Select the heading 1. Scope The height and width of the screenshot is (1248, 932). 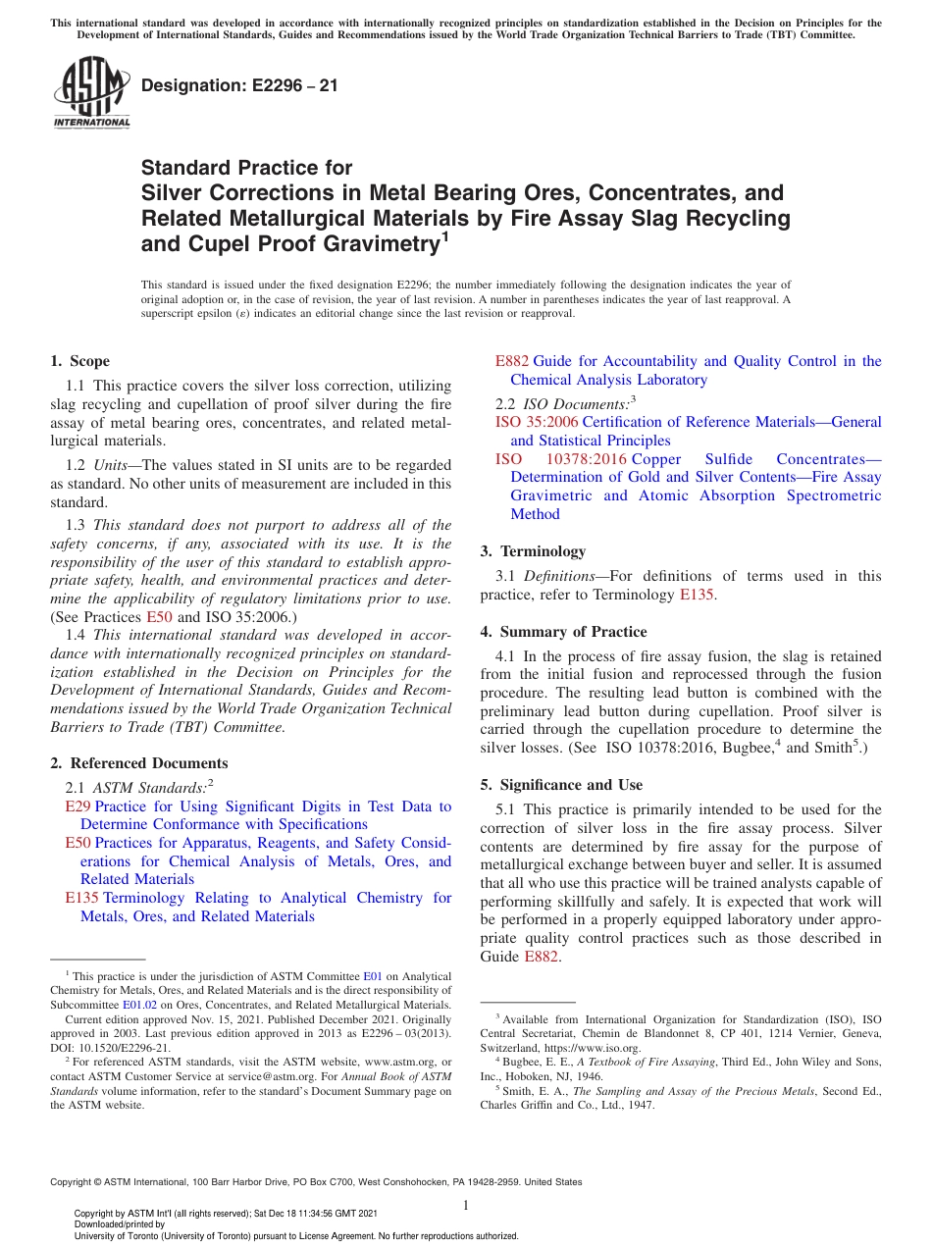click(x=79, y=361)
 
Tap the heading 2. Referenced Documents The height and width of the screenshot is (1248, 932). click(x=139, y=762)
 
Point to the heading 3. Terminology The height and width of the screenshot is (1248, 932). click(x=533, y=550)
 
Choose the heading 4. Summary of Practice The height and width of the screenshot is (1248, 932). click(x=563, y=631)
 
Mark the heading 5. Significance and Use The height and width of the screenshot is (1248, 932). click(x=561, y=784)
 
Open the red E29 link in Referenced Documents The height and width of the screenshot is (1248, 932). click(x=78, y=806)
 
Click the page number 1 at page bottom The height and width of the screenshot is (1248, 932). click(x=466, y=1205)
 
